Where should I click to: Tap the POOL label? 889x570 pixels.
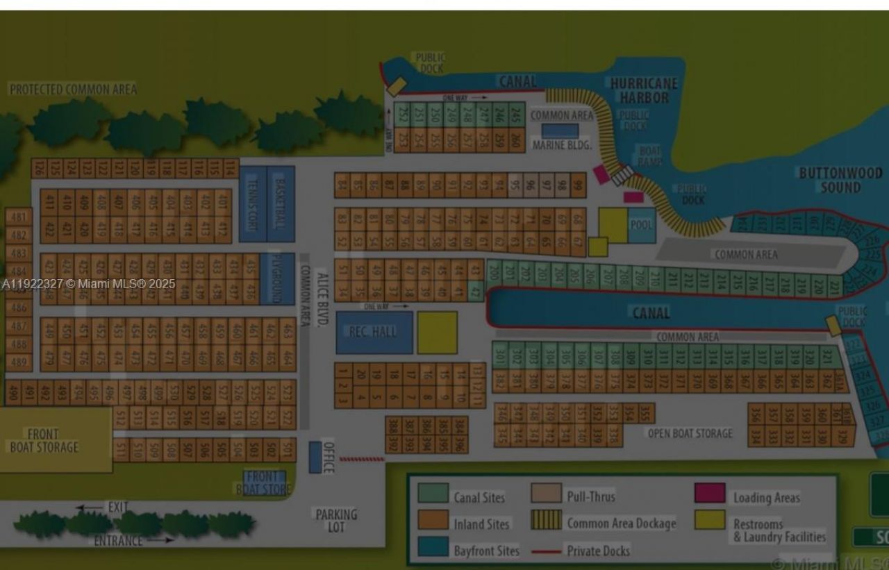641,225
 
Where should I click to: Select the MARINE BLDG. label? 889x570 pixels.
562,145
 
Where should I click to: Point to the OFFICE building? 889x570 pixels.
315,457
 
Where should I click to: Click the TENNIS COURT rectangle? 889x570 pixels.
253,203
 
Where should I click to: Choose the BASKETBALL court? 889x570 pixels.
281,203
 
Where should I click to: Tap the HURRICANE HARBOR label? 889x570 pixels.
644,90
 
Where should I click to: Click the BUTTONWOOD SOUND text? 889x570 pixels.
840,180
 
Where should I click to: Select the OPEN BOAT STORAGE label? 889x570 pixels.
690,433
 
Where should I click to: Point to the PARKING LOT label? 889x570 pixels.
336,520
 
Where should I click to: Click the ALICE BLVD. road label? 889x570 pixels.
322,299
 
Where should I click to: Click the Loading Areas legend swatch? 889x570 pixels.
709,493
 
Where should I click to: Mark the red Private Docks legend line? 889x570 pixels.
546,552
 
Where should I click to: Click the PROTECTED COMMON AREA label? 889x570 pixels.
73,90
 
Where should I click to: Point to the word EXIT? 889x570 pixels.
118,508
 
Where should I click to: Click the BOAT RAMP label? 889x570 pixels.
650,156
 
